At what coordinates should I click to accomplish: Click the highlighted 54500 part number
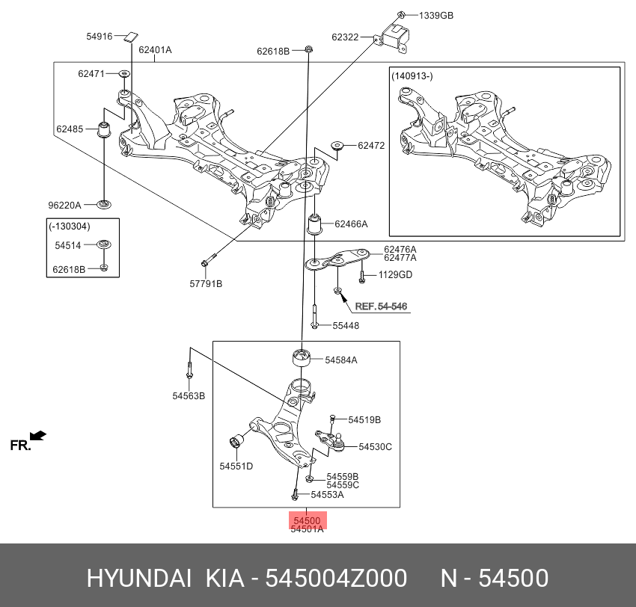point(307,520)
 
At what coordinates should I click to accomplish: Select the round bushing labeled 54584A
point(301,358)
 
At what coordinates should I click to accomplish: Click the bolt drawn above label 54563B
point(189,369)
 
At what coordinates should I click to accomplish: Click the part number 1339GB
point(435,15)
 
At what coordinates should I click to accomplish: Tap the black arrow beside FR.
point(37,435)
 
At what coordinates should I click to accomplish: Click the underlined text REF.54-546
point(382,306)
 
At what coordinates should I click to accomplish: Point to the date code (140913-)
point(412,76)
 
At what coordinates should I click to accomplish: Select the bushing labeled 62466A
point(317,224)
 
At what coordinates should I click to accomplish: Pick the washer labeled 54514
point(104,244)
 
